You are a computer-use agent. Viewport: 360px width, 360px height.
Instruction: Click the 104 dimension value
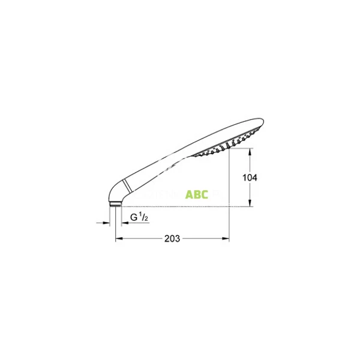tap(249, 178)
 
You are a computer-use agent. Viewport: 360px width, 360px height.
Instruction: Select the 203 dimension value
tap(172, 239)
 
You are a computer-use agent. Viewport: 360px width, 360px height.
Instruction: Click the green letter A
tap(189, 194)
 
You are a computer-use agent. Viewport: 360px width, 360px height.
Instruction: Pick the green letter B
tap(197, 194)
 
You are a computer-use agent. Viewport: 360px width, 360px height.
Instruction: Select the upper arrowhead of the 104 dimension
tap(249, 152)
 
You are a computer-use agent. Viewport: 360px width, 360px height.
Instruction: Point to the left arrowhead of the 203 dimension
tap(118, 239)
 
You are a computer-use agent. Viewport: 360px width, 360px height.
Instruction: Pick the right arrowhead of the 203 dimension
tap(227, 239)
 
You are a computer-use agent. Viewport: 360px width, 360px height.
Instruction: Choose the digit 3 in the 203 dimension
tap(178, 239)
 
